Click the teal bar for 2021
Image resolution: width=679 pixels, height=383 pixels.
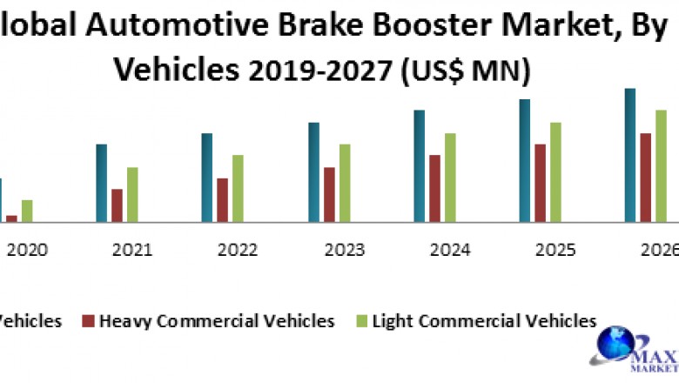[101, 183]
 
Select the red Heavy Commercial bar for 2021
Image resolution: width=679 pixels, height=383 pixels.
[117, 205]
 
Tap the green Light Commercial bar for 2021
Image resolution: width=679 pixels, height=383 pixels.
[132, 194]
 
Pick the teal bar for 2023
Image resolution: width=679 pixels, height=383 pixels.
[313, 172]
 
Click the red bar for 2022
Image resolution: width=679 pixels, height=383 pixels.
[223, 200]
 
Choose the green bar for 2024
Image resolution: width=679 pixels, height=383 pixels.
[449, 178]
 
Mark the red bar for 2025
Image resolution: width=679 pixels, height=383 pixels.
[541, 183]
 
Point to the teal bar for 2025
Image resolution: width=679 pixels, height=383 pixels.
[525, 161]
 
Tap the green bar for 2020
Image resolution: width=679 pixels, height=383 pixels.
[27, 211]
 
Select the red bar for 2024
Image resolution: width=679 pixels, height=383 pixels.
[434, 188]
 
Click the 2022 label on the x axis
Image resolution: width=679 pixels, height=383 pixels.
[238, 251]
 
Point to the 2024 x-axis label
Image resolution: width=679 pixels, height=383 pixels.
[450, 251]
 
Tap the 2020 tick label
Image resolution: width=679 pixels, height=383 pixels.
[27, 251]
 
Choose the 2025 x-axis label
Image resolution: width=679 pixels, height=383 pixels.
[555, 251]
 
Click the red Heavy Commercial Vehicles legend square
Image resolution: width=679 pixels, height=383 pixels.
[88, 321]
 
